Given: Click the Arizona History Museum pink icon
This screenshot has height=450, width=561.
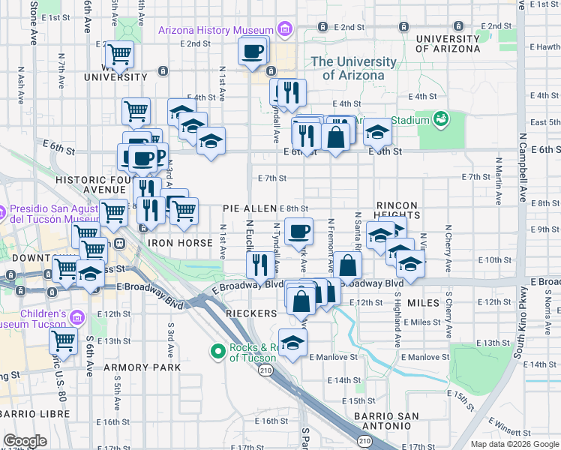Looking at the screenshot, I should [283, 30].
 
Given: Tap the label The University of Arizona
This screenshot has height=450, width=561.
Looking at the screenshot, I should [353, 68].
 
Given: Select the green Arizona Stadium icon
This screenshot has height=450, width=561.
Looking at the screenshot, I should [441, 119].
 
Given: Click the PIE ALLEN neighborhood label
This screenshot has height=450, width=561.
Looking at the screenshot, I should [250, 208].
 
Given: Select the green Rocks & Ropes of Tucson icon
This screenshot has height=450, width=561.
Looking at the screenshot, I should [218, 350].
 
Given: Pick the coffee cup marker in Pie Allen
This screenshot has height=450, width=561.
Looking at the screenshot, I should [298, 230].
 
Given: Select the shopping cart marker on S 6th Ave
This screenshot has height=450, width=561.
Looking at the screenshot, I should [64, 340].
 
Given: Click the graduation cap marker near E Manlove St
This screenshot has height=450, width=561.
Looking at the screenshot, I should [293, 342].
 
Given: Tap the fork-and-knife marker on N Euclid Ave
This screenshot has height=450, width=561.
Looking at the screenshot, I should [259, 263].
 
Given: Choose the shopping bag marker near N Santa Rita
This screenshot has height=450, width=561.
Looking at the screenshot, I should [348, 265].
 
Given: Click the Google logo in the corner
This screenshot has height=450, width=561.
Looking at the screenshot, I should [25, 441].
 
